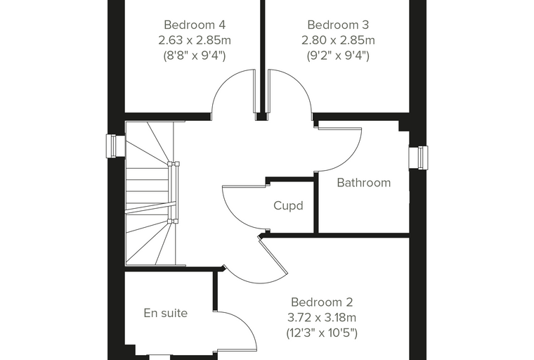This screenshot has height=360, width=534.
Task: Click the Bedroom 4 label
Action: (195, 25)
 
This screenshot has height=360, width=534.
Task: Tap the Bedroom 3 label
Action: (338, 25)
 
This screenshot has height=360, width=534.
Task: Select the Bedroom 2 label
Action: (322, 302)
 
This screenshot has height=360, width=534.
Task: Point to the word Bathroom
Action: (364, 183)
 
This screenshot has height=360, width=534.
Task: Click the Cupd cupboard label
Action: (288, 206)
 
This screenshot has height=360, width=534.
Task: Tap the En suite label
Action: (166, 313)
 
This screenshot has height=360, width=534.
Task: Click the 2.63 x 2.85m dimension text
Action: (195, 40)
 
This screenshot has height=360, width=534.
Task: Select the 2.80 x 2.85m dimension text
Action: (338, 40)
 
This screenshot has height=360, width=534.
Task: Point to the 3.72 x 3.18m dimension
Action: (322, 318)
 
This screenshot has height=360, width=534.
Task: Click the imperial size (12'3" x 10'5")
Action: (322, 333)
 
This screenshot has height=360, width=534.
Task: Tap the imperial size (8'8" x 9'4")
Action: (195, 56)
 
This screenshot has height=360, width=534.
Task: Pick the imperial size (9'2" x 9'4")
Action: (338, 56)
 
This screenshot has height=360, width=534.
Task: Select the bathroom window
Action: (419, 157)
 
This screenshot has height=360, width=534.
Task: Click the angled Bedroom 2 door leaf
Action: (273, 257)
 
